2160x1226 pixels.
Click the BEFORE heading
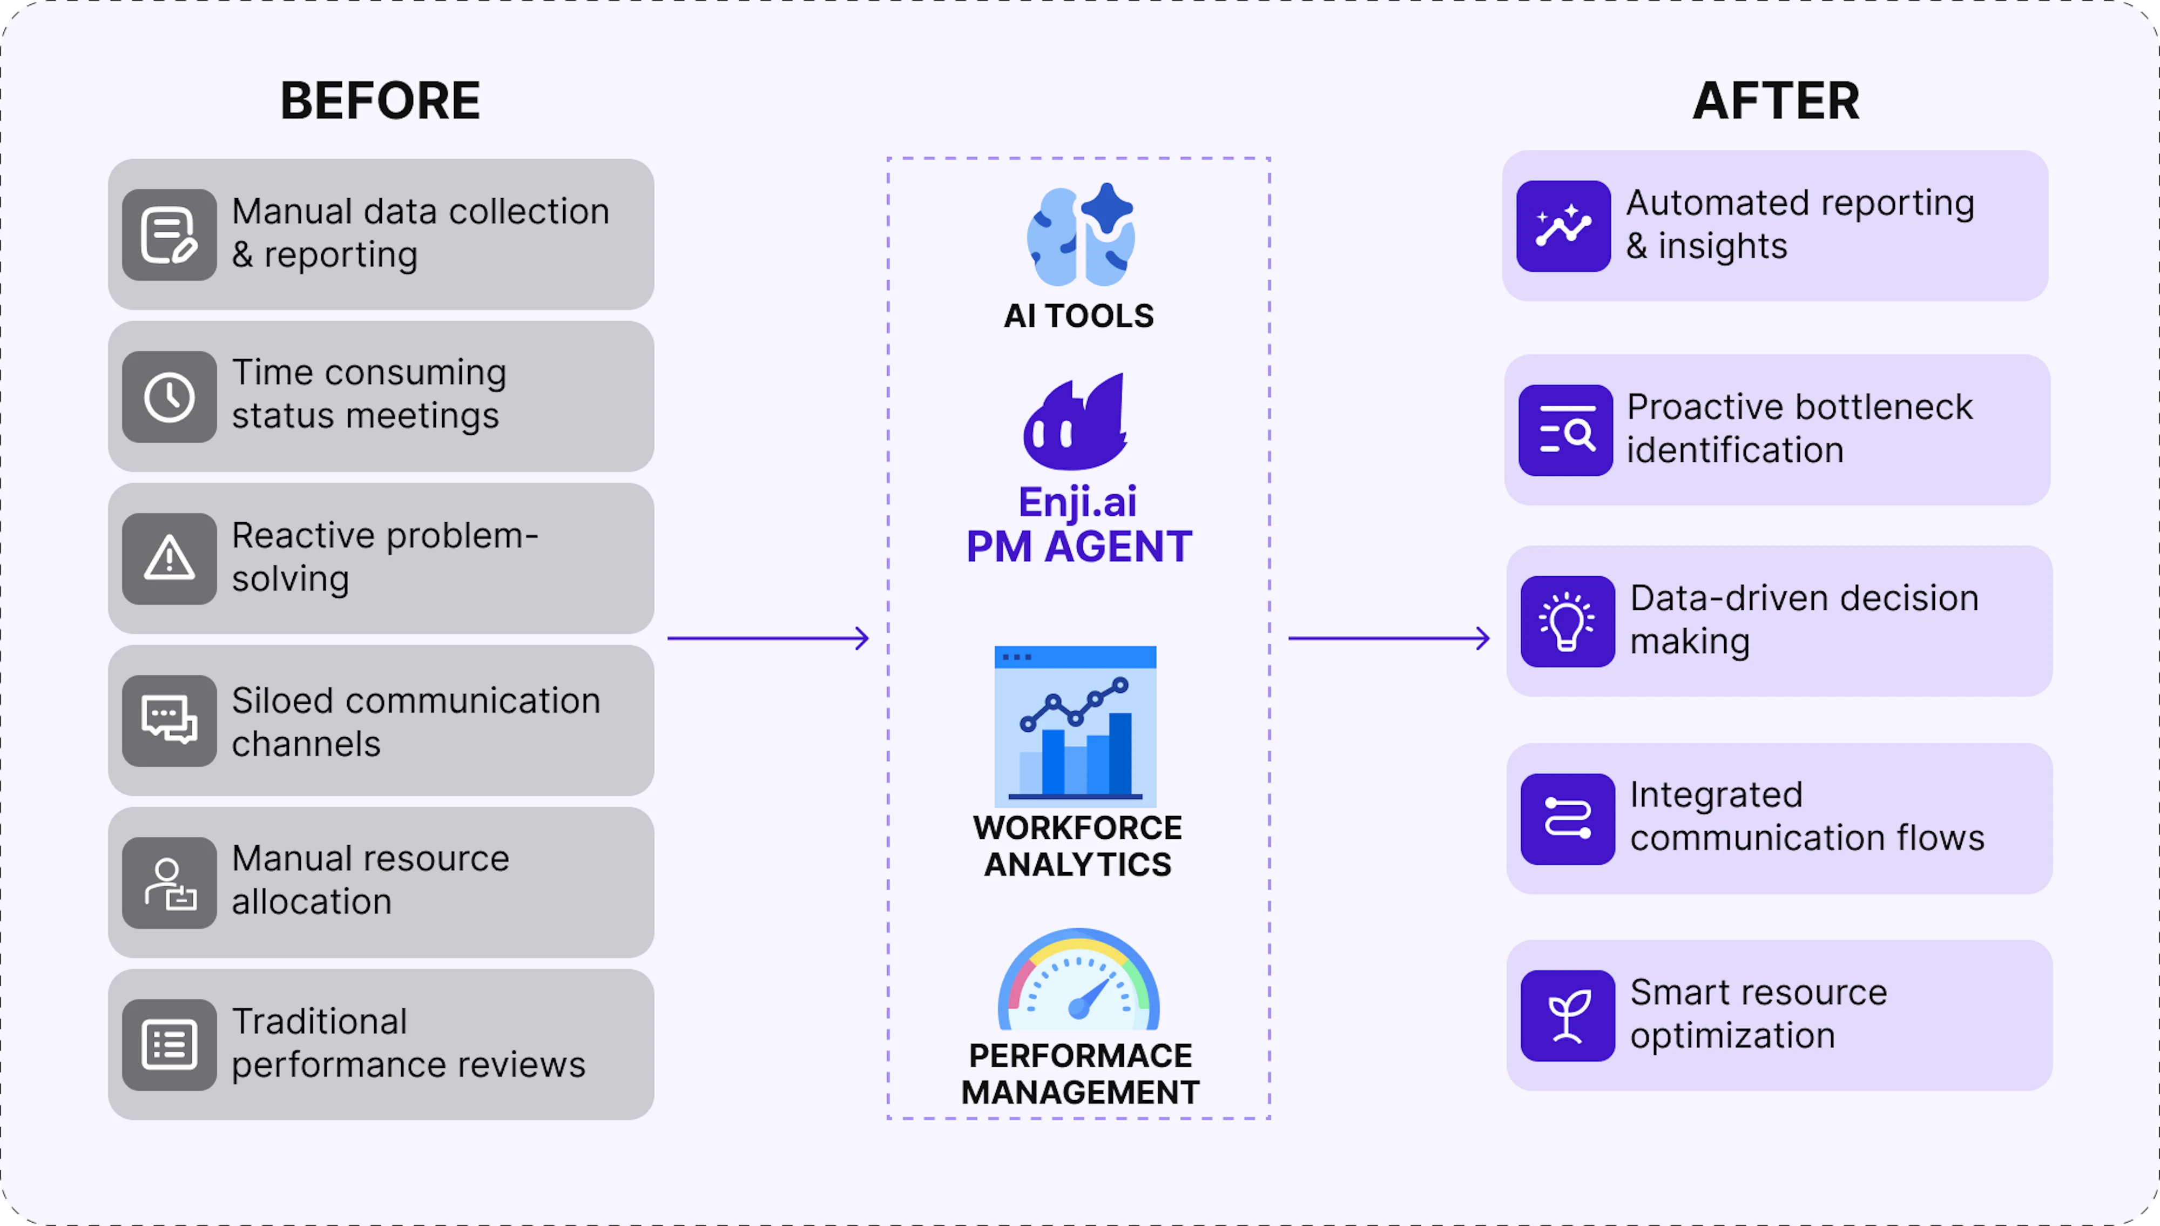(x=380, y=101)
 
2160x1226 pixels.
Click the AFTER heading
(x=1776, y=101)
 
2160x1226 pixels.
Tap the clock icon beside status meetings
(x=169, y=396)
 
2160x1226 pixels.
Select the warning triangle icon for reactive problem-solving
(x=169, y=558)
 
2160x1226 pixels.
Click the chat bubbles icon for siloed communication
(x=169, y=721)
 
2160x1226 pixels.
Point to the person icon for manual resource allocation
(x=169, y=883)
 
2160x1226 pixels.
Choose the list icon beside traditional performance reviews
(x=169, y=1045)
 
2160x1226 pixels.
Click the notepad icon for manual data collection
(x=169, y=235)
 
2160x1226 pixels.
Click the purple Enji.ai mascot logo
(x=1076, y=423)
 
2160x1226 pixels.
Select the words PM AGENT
(x=1078, y=547)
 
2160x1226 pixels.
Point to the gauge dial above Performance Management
(x=1078, y=981)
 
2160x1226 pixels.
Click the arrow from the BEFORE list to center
(x=768, y=638)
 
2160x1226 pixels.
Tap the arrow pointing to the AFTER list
(x=1389, y=638)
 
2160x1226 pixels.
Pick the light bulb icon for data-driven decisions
(x=1568, y=622)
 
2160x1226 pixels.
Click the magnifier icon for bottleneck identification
(x=1565, y=430)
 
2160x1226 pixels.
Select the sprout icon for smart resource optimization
(x=1568, y=1015)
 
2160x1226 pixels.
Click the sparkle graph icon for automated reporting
(x=1563, y=226)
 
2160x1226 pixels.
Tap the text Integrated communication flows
(x=1806, y=816)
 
